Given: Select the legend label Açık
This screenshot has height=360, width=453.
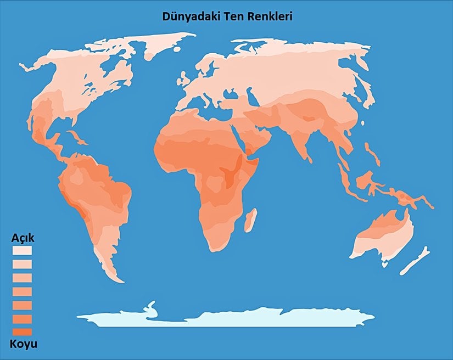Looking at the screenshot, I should point(23,239).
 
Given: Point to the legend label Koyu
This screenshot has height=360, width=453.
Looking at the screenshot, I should point(23,344).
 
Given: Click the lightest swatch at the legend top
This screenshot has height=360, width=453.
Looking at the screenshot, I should point(22,250).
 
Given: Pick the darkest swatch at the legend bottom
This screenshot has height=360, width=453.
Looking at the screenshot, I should point(22,332).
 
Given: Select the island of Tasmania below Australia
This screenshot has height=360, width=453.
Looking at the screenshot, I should point(385,264).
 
